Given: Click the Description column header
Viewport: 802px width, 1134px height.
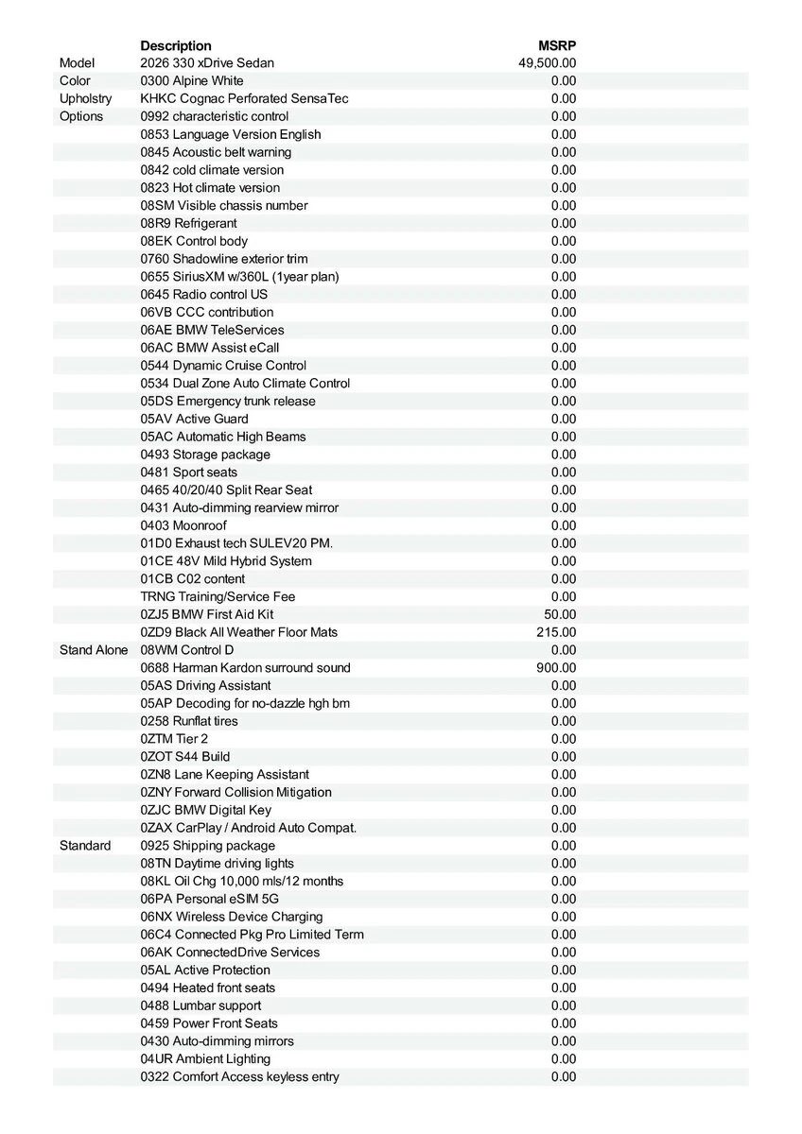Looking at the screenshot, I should [x=176, y=45].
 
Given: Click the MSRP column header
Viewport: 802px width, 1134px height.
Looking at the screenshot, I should [x=557, y=45].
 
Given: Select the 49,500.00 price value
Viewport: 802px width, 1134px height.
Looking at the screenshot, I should [x=548, y=63].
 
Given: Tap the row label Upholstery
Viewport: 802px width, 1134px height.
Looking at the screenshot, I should [x=85, y=98].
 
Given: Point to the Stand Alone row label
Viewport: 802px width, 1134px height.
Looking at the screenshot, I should [x=94, y=650].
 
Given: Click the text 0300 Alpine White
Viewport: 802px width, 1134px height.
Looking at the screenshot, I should [x=192, y=81].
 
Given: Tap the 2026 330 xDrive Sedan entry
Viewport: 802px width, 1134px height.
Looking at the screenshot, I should [x=207, y=63].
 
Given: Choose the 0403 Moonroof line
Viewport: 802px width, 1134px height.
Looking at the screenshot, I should [x=183, y=525].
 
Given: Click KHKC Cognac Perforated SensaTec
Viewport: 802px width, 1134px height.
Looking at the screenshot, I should [x=245, y=98].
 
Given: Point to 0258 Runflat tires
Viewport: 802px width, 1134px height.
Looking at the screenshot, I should [x=189, y=721].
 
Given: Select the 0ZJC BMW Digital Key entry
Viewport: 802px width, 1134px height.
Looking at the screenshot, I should [x=205, y=810].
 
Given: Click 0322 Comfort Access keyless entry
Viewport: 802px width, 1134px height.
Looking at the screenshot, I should [x=240, y=1076].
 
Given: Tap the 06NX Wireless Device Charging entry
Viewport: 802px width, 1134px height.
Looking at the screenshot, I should [x=232, y=917].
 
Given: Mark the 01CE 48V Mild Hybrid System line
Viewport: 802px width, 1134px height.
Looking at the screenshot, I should [x=226, y=561].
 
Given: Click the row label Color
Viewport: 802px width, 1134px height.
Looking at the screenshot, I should [x=76, y=81].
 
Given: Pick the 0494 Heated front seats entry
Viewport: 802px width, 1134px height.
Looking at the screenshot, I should [x=208, y=988].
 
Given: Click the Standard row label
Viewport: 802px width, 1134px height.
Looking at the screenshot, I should [x=85, y=846].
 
